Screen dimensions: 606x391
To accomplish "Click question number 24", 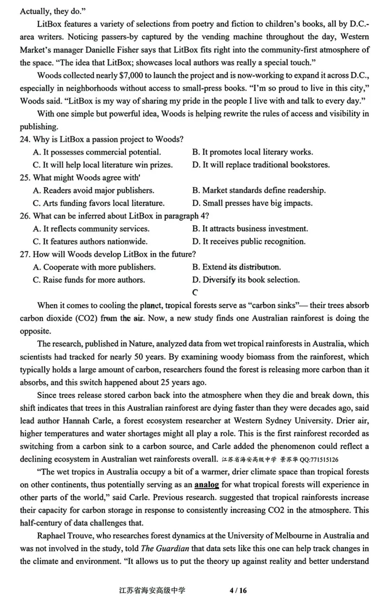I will click(25, 140).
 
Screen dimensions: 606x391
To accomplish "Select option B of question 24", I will click(252, 152).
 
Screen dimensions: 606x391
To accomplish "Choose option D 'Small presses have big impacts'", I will click(252, 203).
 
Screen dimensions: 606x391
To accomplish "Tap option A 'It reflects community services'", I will click(91, 229).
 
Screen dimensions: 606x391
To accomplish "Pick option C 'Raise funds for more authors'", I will click(89, 280).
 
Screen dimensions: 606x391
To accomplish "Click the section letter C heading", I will click(195, 293).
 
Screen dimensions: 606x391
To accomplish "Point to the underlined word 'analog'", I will click(206, 485).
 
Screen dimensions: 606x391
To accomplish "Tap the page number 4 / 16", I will click(238, 590).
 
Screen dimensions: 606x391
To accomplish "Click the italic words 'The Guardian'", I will click(165, 548).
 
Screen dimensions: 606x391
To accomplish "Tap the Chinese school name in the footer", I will click(152, 590).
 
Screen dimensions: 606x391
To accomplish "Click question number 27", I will click(25, 254).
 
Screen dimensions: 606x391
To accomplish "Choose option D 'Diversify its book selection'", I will click(246, 280).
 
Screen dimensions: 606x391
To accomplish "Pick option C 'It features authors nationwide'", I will click(90, 242).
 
